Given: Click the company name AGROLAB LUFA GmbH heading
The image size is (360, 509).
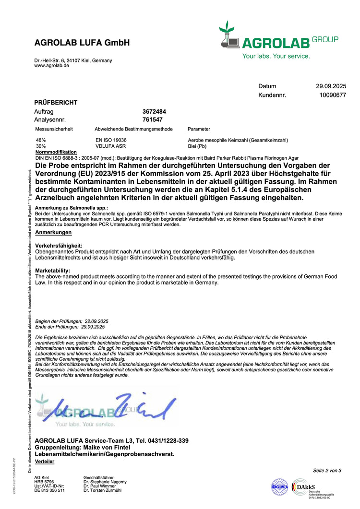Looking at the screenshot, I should tap(82, 43).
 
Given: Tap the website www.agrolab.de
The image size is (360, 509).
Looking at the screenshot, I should tap(51, 66).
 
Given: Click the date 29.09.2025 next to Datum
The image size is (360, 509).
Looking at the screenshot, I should tap(331, 86).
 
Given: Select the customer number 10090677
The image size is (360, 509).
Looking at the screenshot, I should tap(333, 95).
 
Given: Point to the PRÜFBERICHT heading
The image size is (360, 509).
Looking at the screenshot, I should tap(56, 103).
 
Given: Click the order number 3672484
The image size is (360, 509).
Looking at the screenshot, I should tap(154, 111).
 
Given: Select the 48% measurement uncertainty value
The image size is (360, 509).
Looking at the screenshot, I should tap(41, 140).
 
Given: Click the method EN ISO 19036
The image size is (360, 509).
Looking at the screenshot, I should tap(111, 140).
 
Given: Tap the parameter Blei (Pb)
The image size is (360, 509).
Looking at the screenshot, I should tap(197, 146).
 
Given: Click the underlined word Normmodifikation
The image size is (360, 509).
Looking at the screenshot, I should tap(56, 152).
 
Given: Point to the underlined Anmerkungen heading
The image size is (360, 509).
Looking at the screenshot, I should tap(53, 232).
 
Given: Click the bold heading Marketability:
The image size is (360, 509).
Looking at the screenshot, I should tap(53, 271).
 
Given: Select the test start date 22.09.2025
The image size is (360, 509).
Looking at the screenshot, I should tap(96, 321).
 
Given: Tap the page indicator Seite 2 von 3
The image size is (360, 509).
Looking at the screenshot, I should tap(327, 471).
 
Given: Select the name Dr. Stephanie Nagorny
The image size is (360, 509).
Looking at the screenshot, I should tap(105, 481).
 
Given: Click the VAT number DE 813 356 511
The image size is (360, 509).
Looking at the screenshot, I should tap(49, 490).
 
